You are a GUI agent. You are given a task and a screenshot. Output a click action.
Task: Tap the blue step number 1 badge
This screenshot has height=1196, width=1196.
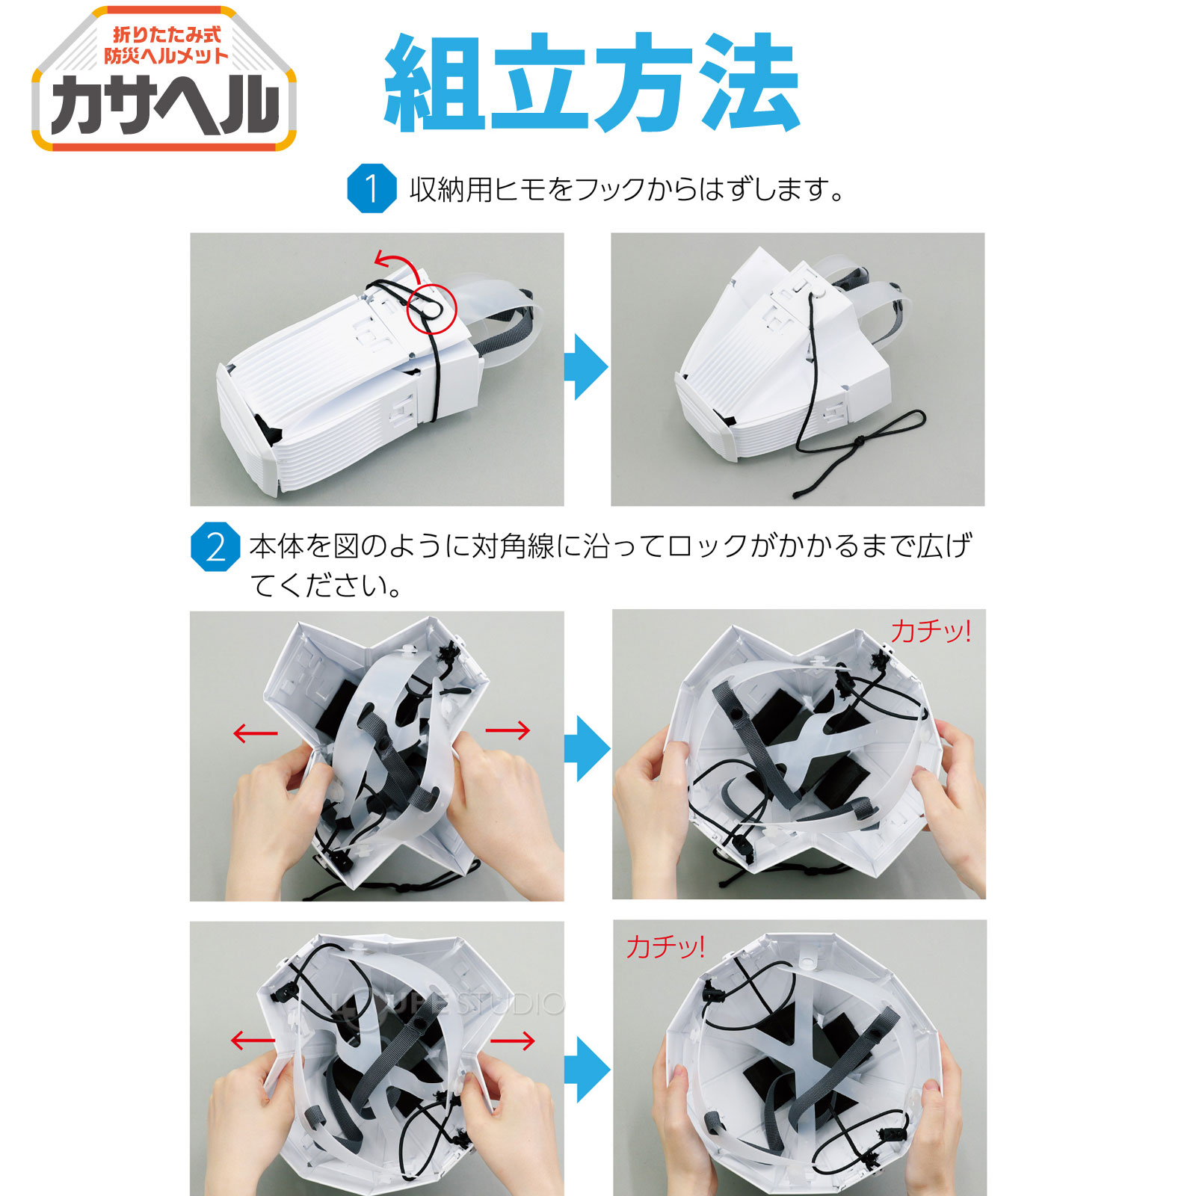372,188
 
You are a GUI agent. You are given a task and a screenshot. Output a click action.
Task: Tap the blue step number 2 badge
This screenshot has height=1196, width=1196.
215,547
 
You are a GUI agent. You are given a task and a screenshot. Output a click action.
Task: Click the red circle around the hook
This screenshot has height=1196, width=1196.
431,308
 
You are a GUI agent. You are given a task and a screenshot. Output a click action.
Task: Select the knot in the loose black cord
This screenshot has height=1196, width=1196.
858,441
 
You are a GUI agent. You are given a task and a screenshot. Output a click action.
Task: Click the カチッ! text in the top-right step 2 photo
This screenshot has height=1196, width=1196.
931,631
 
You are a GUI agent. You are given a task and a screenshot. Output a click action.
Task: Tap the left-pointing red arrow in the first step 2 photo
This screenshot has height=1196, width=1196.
255,733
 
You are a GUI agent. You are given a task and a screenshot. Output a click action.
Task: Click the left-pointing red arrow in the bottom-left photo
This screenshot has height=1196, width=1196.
253,1040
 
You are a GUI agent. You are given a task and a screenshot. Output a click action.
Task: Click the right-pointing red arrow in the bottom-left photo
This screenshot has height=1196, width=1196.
513,1040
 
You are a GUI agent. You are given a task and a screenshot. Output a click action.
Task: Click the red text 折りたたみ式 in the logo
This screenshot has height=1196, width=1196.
166,35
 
